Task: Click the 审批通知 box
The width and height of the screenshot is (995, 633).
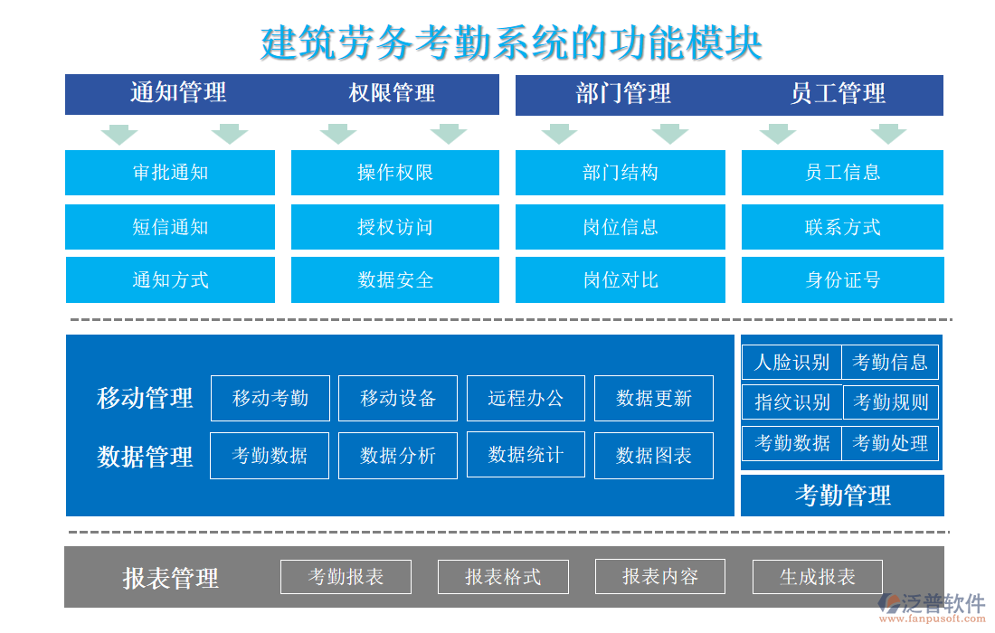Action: pos(170,173)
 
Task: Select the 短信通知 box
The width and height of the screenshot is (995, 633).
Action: pos(170,227)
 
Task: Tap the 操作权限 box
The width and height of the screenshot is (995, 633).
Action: pos(395,173)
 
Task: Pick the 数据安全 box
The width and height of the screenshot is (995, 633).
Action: pos(395,280)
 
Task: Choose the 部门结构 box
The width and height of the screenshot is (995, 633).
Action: pos(621,173)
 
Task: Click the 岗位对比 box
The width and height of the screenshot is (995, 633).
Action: pos(621,280)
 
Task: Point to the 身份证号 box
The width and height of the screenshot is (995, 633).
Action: pos(843,280)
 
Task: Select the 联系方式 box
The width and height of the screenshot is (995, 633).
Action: pos(843,227)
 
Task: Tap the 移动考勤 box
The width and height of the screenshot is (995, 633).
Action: pos(270,399)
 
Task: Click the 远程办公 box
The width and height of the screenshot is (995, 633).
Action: pos(526,399)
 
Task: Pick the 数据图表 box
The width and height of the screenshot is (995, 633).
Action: pos(654,456)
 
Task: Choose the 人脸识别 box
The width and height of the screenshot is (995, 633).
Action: pos(791,363)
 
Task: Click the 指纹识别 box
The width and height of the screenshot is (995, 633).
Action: pos(792,402)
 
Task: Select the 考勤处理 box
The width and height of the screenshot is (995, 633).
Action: pos(890,443)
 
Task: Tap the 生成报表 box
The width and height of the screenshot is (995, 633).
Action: pos(818,577)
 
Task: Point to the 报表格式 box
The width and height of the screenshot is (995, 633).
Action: pos(503,577)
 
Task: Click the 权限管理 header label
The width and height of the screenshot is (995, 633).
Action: pos(392,93)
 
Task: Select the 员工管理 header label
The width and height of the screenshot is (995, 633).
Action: pos(838,93)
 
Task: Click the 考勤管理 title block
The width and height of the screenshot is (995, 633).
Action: pos(842,496)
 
